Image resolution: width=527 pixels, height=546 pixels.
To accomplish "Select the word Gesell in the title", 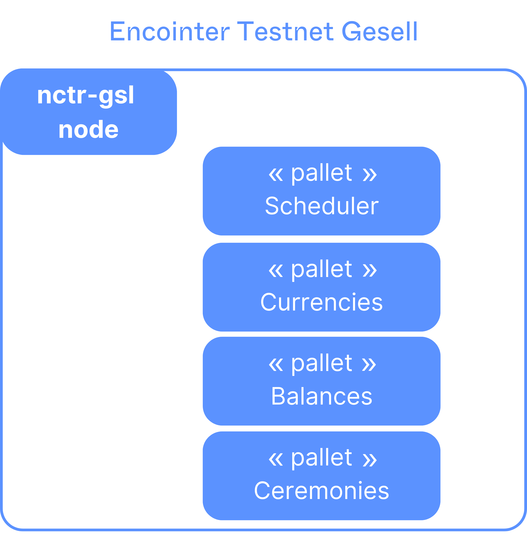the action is pyautogui.click(x=379, y=31).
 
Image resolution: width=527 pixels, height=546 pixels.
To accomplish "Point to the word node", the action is pyautogui.click(x=88, y=130).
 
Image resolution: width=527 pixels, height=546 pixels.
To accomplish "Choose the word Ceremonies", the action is pyautogui.click(x=321, y=490).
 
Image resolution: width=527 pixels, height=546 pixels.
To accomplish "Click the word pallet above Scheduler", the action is pyautogui.click(x=321, y=174).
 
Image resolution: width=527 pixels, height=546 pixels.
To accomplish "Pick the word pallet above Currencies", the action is pyautogui.click(x=321, y=271).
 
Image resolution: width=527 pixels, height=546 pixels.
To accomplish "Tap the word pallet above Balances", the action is pyautogui.click(x=321, y=364).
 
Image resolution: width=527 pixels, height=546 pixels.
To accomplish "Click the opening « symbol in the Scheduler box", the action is pyautogui.click(x=276, y=175).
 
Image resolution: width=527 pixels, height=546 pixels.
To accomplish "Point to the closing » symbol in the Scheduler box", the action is pyautogui.click(x=370, y=175).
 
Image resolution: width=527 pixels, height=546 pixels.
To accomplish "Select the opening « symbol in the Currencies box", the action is pyautogui.click(x=276, y=271).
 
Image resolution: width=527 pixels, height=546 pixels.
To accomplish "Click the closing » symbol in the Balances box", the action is pyautogui.click(x=369, y=365).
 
